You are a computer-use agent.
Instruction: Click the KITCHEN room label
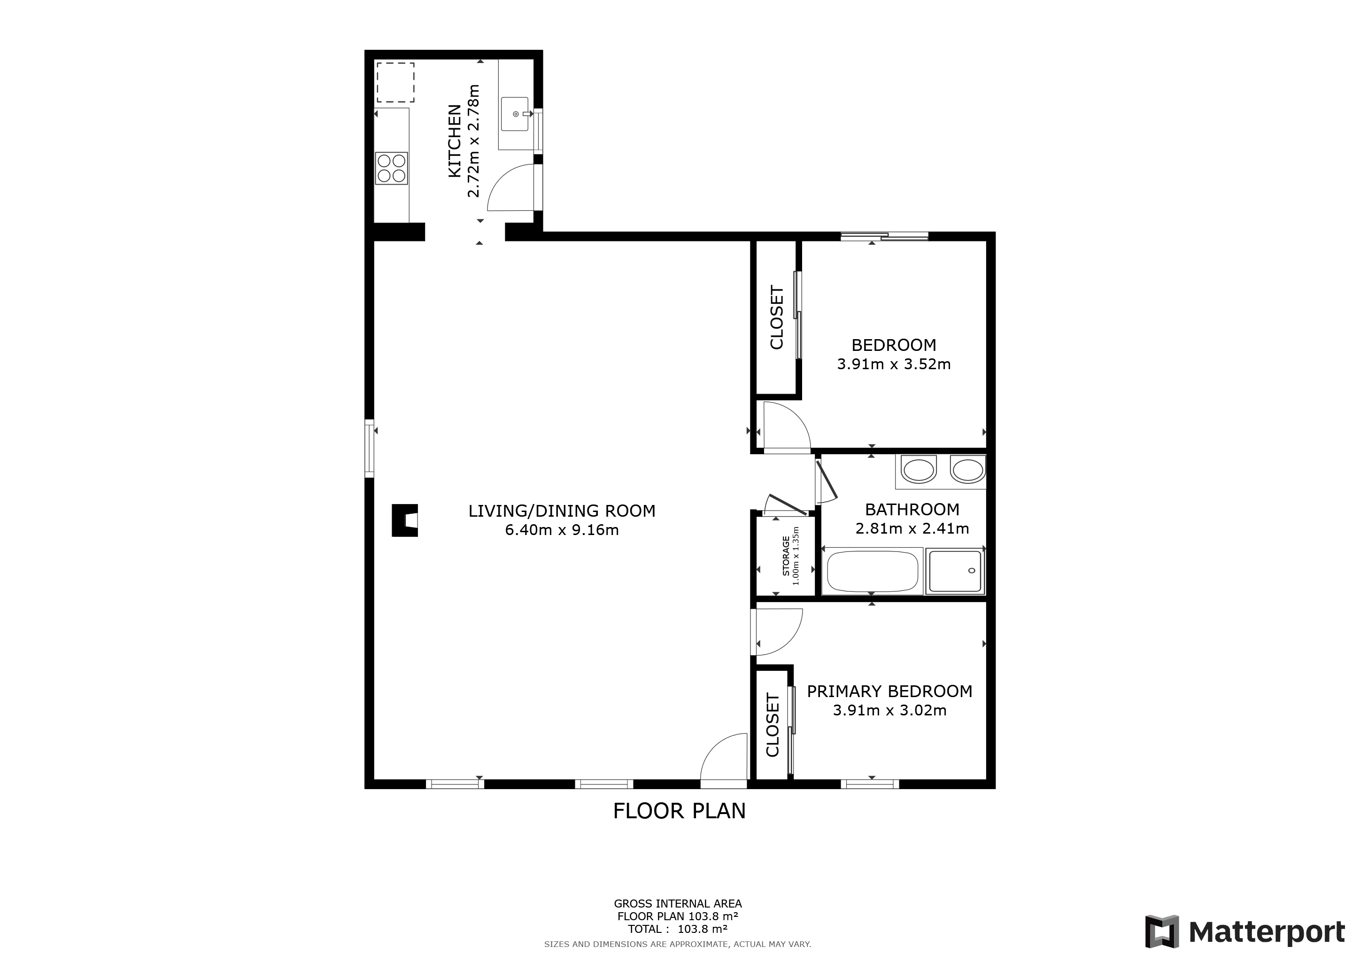[x=454, y=141]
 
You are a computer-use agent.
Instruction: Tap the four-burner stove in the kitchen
[x=392, y=168]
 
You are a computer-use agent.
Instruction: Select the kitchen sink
[x=514, y=114]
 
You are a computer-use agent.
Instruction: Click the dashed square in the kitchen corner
[x=395, y=82]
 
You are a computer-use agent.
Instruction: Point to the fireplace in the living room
[x=405, y=520]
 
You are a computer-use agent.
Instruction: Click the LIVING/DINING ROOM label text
[x=562, y=511]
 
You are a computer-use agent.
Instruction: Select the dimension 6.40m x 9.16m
[x=562, y=529]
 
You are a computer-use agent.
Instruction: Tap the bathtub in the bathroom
[x=872, y=571]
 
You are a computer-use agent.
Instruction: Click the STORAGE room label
[x=786, y=556]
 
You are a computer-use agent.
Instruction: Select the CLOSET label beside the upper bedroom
[x=777, y=318]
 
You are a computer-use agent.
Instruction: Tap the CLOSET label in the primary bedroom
[x=773, y=725]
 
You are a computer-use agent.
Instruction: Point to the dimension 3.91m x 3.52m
[x=893, y=365]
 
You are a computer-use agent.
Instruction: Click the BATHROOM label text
[x=912, y=510]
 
